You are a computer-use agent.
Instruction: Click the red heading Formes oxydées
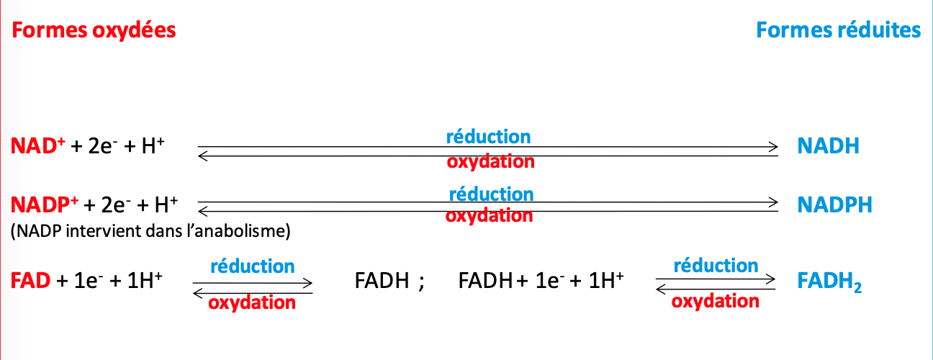94,30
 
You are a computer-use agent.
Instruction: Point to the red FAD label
30,280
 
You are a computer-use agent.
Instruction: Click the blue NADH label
828,147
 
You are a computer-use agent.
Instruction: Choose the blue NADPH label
834,204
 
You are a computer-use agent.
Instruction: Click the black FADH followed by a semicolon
382,281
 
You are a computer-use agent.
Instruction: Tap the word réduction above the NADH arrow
488,136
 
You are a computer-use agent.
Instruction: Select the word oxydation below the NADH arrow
490,161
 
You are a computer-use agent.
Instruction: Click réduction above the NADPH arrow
491,194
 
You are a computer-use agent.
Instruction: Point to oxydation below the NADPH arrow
489,215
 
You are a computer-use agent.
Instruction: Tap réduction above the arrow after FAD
252,266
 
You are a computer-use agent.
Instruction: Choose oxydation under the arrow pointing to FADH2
715,301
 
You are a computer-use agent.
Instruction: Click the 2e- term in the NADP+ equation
114,205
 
